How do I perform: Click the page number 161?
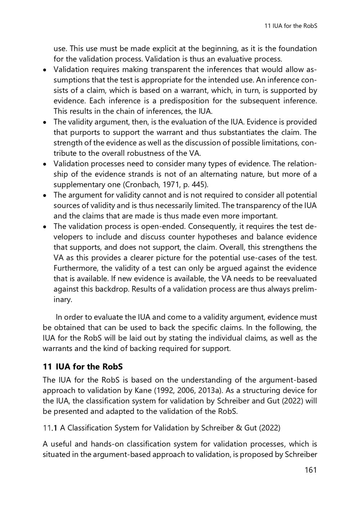tap(308, 470)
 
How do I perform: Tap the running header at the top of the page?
tap(291, 26)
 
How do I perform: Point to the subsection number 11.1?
tap(50, 428)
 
